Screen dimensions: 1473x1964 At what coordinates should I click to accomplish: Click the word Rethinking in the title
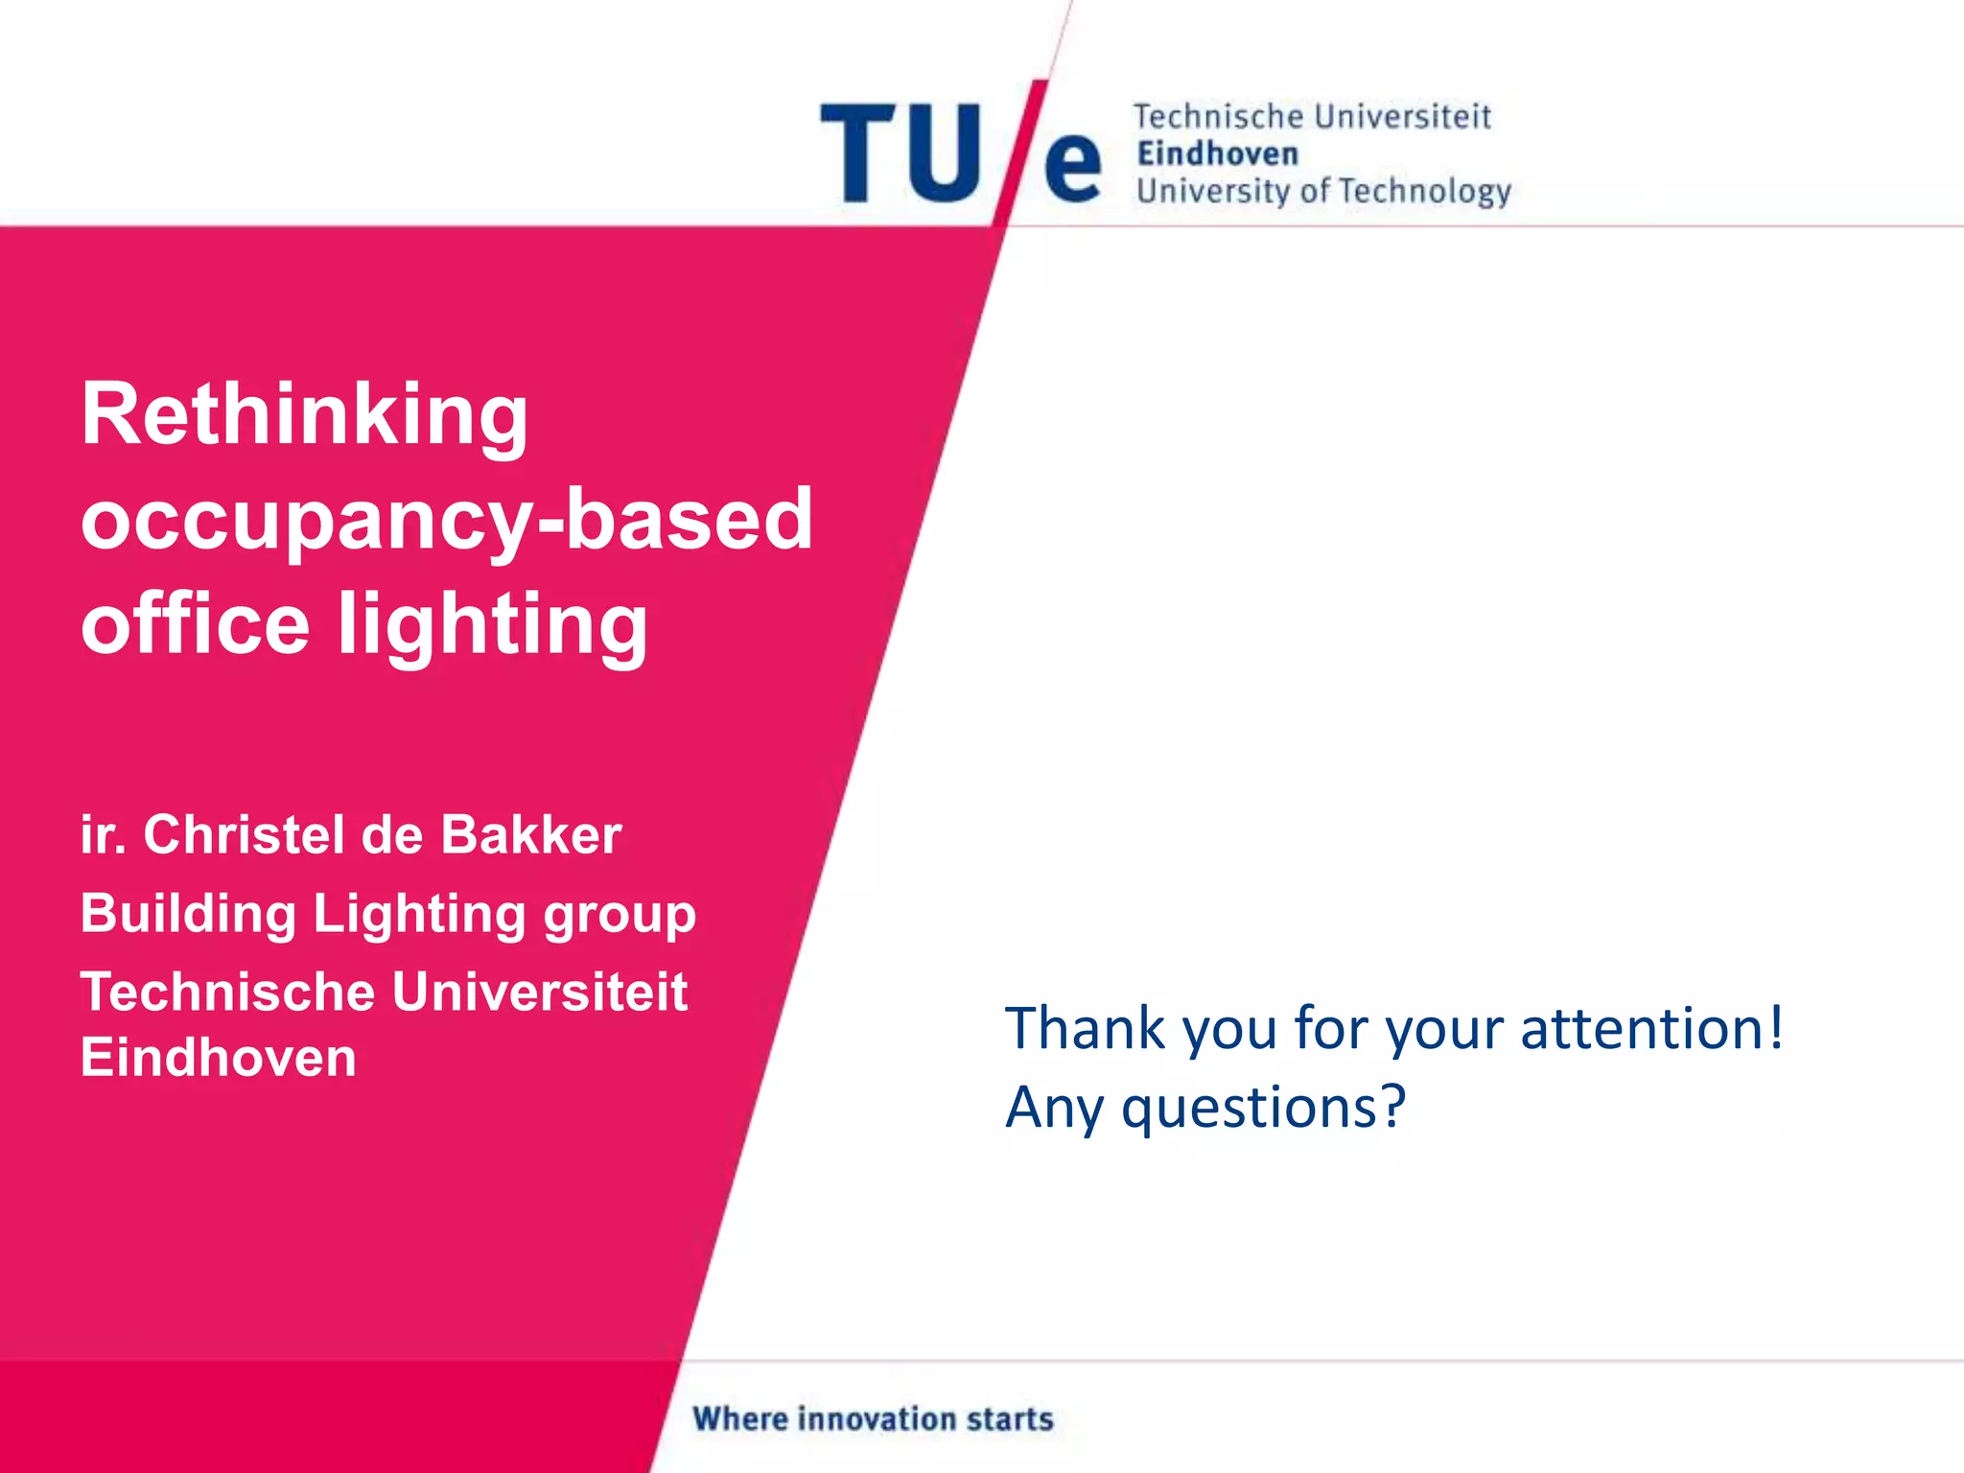(305, 416)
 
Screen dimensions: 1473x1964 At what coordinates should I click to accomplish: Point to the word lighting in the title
(493, 625)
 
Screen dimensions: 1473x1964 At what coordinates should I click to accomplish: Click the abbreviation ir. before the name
(103, 834)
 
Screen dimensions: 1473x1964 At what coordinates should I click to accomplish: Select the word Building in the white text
(188, 914)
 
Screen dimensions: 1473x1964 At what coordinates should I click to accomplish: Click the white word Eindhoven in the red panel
(219, 1057)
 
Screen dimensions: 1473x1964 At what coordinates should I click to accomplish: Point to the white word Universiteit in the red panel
(540, 992)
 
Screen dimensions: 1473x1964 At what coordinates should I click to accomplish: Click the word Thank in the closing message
(1085, 1028)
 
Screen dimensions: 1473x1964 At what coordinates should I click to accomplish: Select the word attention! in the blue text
(1651, 1028)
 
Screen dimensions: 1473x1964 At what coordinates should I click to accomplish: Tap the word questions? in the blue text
(1263, 1109)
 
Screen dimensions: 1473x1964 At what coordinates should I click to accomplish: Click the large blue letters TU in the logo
(901, 153)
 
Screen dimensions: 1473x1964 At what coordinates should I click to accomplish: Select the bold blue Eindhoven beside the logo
(1218, 153)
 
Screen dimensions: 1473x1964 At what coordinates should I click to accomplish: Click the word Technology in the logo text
(1425, 192)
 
